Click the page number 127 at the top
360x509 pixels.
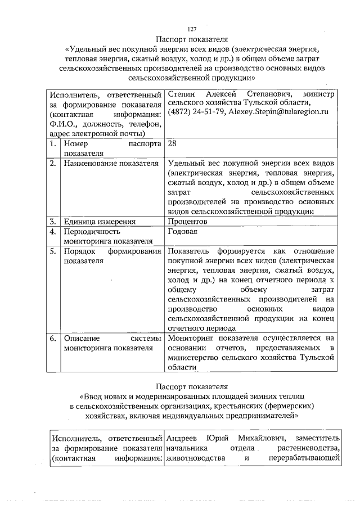[191, 30]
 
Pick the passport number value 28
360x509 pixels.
[173, 143]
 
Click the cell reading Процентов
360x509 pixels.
[188, 222]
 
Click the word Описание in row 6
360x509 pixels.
[82, 339]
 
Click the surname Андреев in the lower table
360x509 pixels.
[182, 438]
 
